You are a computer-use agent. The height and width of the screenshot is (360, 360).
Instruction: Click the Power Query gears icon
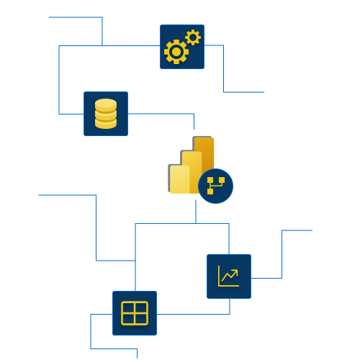tap(181, 47)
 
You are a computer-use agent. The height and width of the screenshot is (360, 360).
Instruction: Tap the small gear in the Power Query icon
tap(192, 37)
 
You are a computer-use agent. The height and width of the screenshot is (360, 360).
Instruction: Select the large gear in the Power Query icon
tap(176, 52)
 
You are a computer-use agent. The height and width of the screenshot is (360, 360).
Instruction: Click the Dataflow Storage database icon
tap(106, 114)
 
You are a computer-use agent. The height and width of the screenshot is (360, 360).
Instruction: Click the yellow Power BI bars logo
tap(192, 167)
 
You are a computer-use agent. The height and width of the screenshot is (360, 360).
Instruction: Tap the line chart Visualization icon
tap(229, 276)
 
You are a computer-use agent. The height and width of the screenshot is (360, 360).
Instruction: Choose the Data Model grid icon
tap(135, 313)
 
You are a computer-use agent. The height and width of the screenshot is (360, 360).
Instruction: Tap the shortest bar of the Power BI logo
tap(179, 179)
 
